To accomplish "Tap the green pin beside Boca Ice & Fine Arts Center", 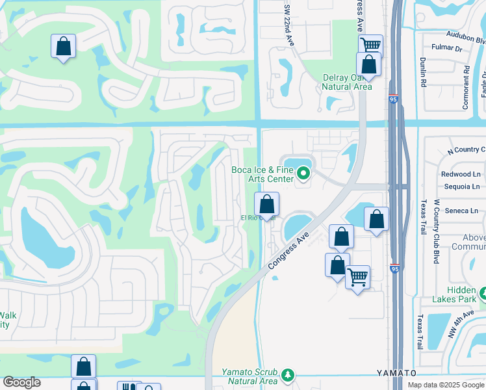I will [303, 174].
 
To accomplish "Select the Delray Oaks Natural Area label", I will [347, 82].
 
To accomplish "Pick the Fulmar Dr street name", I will [449, 49].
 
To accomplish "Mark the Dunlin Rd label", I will [422, 71].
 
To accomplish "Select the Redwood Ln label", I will [461, 174].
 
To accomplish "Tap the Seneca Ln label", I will [464, 211].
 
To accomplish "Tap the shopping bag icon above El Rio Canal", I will [266, 205].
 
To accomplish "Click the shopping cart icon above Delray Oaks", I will [370, 45].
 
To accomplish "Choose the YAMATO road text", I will [396, 373].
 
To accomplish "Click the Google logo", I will [21, 382].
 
